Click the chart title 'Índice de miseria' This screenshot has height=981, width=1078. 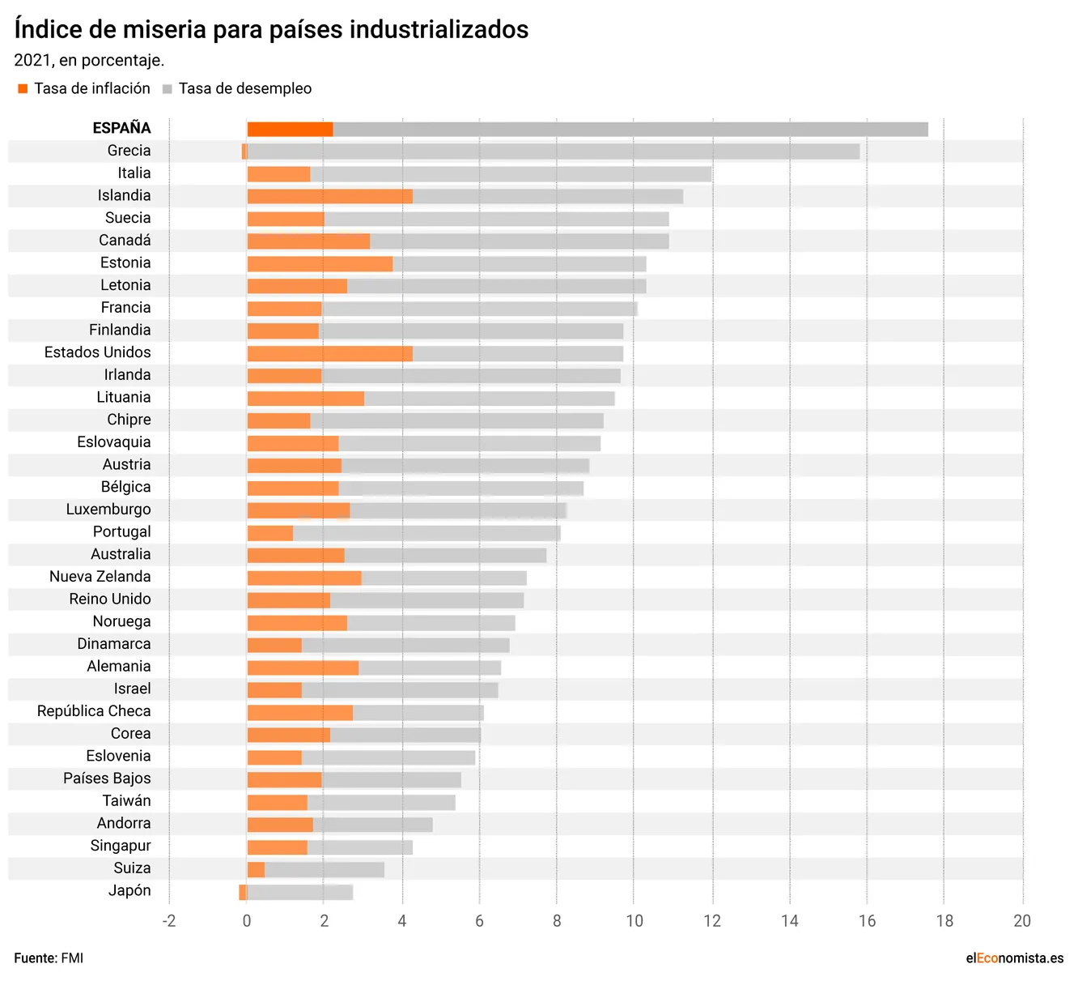[271, 30]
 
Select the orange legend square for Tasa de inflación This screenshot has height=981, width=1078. [23, 89]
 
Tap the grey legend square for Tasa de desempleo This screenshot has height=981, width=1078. [168, 89]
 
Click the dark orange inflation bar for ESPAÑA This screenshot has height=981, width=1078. [290, 130]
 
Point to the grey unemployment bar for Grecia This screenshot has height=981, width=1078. [553, 151]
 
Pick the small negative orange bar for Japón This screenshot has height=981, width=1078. [243, 892]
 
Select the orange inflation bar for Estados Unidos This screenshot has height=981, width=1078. [329, 353]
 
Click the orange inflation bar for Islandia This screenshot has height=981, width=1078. [329, 196]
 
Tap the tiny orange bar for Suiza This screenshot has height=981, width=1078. [256, 870]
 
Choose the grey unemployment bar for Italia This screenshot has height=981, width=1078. [510, 174]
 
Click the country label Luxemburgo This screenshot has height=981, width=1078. [108, 510]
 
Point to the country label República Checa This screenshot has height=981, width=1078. [94, 711]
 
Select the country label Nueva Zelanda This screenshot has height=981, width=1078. [100, 577]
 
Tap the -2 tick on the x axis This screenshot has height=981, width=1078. [168, 921]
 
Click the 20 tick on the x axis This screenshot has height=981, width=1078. [1022, 921]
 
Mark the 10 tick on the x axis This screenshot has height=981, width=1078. [634, 921]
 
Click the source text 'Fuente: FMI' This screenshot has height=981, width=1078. [49, 958]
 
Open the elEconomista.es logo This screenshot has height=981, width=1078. [1014, 958]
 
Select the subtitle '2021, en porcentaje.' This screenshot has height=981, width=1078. [89, 61]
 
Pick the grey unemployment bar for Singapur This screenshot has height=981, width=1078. [359, 847]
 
